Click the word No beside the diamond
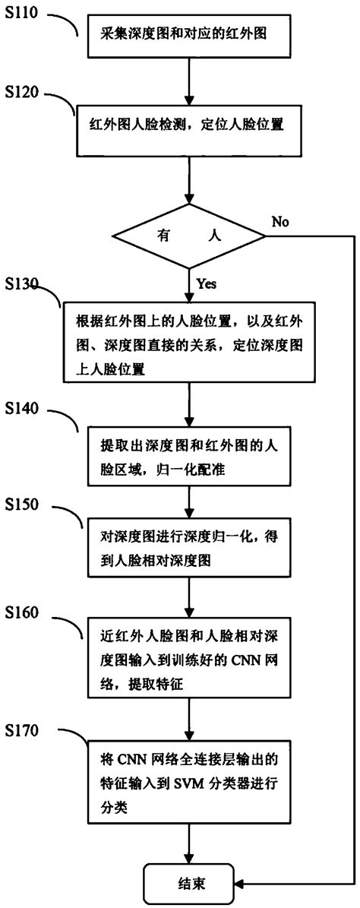[280, 222]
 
